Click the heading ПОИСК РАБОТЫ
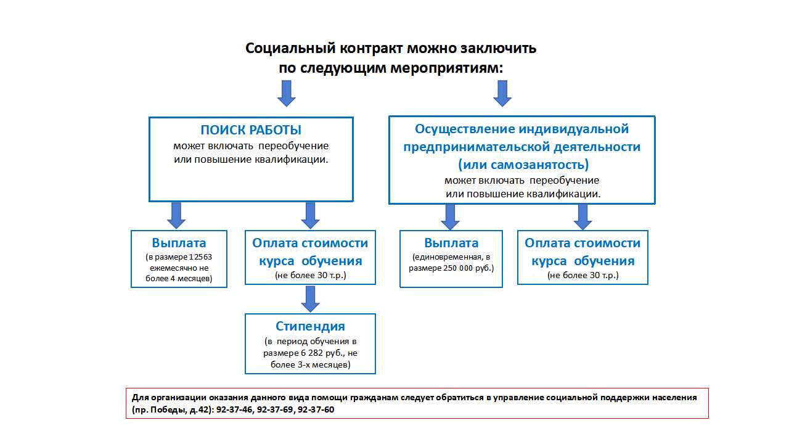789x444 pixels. [251, 130]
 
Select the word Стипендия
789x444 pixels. [310, 326]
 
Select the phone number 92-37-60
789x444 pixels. [316, 409]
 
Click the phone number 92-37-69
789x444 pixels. [276, 409]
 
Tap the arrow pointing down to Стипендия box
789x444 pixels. [310, 298]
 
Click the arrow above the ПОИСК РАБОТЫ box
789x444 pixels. [286, 93]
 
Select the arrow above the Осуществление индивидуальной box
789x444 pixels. [502, 93]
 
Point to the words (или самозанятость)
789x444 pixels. [523, 165]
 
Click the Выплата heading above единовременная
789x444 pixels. [451, 243]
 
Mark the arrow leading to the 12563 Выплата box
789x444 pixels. [176, 215]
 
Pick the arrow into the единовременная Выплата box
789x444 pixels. [450, 217]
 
